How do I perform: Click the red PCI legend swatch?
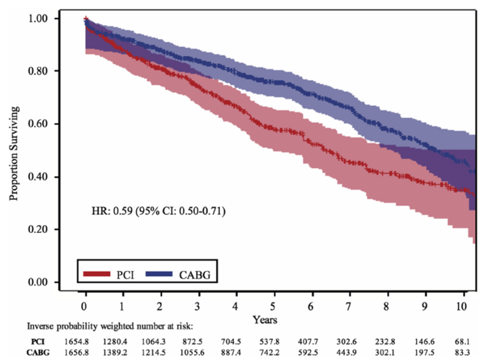pyautogui.click(x=97, y=274)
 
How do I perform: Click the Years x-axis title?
pyautogui.click(x=265, y=319)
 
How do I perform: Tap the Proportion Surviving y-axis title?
pyautogui.click(x=15, y=154)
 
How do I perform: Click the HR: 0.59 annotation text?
pyautogui.click(x=158, y=212)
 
